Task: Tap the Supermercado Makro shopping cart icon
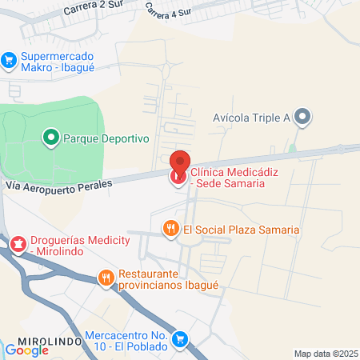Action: click(x=9, y=59)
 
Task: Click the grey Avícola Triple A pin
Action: click(x=302, y=118)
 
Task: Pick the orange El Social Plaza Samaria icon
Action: click(x=170, y=230)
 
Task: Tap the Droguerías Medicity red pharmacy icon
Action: click(x=18, y=242)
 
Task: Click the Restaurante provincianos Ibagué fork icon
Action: click(x=106, y=278)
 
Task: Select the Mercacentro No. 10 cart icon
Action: click(x=181, y=340)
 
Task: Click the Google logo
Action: click(x=27, y=350)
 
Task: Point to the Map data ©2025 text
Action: click(x=325, y=354)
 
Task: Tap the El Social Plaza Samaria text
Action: click(x=241, y=230)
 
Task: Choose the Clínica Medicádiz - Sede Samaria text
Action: click(x=238, y=178)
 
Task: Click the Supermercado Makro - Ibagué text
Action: click(x=58, y=62)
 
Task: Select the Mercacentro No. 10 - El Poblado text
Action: click(x=126, y=341)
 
